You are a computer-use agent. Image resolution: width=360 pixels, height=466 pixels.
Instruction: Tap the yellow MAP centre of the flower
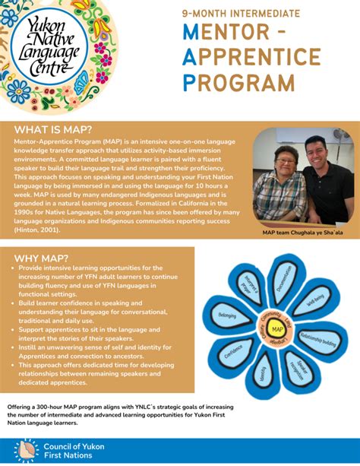point(277,329)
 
